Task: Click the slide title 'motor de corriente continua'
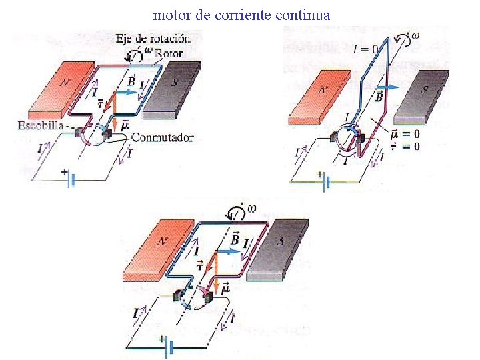click(x=241, y=13)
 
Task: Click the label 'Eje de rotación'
click(x=153, y=38)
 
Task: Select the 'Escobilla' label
click(x=41, y=125)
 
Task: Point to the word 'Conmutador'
click(x=163, y=138)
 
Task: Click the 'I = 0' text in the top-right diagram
click(x=366, y=49)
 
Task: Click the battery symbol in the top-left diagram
click(x=69, y=179)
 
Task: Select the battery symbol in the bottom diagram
click(x=167, y=347)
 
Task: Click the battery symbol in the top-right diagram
click(x=325, y=181)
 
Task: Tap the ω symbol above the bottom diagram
click(x=251, y=209)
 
